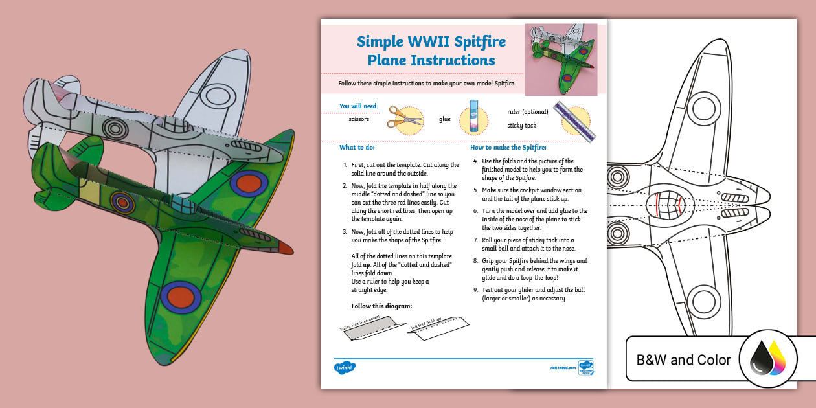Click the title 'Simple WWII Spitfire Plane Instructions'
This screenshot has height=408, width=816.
point(431,51)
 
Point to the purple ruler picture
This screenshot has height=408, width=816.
point(574,121)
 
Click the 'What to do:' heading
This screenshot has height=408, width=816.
point(357,148)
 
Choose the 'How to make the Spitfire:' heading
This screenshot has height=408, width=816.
point(508,148)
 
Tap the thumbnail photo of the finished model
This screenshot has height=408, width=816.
point(561,59)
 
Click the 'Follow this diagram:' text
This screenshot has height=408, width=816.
point(381,306)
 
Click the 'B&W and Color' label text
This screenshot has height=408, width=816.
point(683,360)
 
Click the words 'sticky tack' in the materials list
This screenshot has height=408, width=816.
point(521,126)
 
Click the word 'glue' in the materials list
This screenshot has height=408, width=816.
point(445,119)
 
